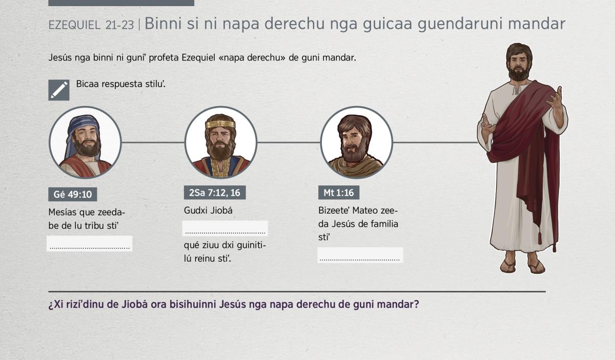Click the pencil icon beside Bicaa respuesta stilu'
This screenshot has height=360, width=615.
[x=59, y=90]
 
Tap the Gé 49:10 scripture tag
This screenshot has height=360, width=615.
[x=72, y=194]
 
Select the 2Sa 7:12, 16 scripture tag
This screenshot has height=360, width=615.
[x=215, y=193]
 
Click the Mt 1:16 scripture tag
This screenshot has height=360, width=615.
[x=339, y=193]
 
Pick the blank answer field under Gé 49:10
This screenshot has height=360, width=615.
[x=90, y=243]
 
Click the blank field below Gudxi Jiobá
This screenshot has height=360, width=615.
[x=225, y=228]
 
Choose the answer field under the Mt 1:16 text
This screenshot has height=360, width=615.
[x=360, y=255]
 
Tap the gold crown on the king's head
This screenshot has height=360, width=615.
[x=220, y=124]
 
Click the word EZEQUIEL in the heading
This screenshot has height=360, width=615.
[x=74, y=25]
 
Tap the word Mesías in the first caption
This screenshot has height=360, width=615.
[x=63, y=212]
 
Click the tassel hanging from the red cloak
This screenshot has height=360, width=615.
[x=540, y=238]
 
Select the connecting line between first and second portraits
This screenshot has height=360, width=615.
[x=153, y=142]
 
